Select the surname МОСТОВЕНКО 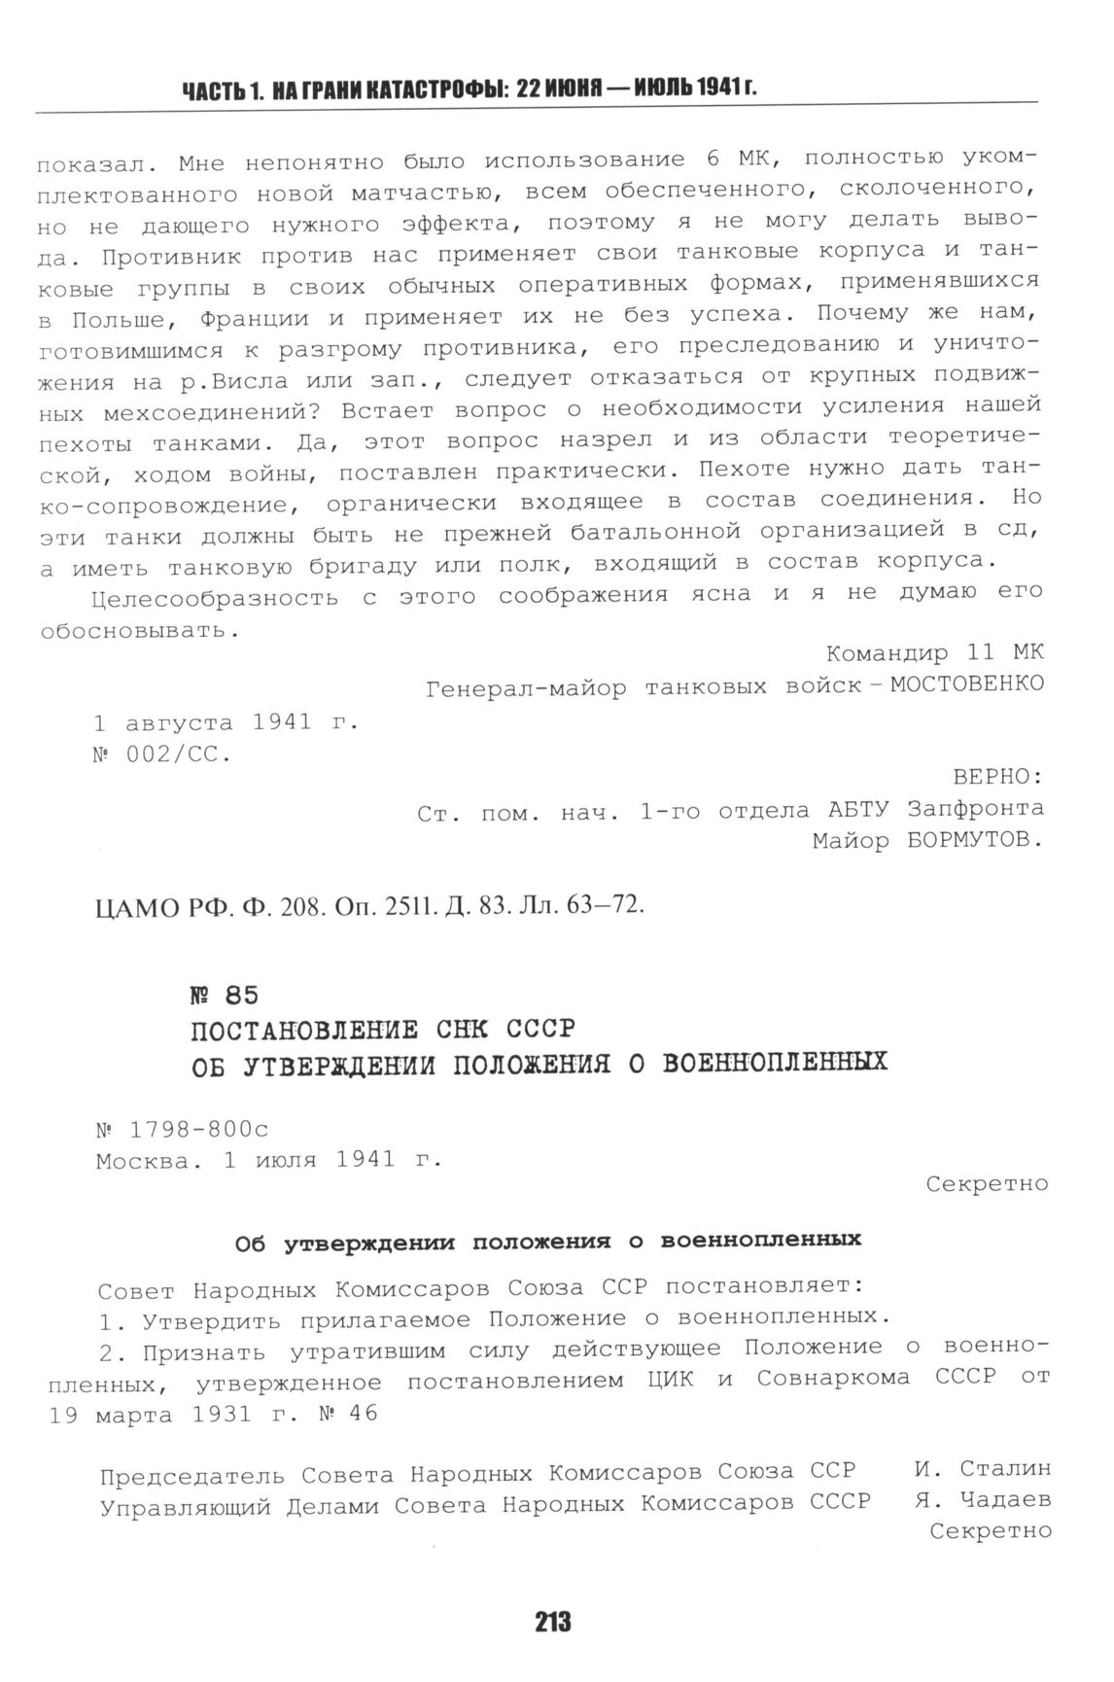pyautogui.click(x=967, y=683)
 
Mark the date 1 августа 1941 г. pyautogui.click(x=226, y=722)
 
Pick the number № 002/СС pyautogui.click(x=162, y=754)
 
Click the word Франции pyautogui.click(x=254, y=319)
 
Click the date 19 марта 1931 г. pyautogui.click(x=165, y=1416)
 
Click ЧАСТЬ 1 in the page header pyautogui.click(x=223, y=90)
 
